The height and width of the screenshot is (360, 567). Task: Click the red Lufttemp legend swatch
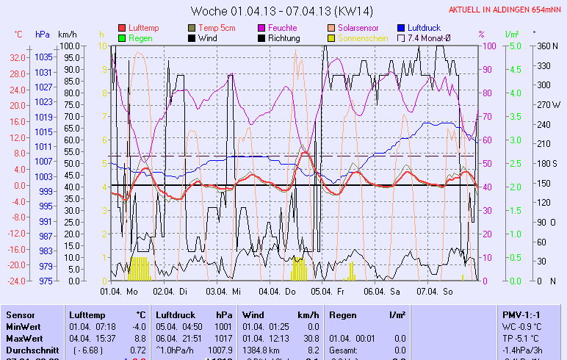coord(122,28)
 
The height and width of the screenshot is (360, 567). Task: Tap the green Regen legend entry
coord(140,38)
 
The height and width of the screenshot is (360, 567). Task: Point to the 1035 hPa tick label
coord(43,57)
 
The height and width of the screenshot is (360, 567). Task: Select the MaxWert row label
coord(24,338)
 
